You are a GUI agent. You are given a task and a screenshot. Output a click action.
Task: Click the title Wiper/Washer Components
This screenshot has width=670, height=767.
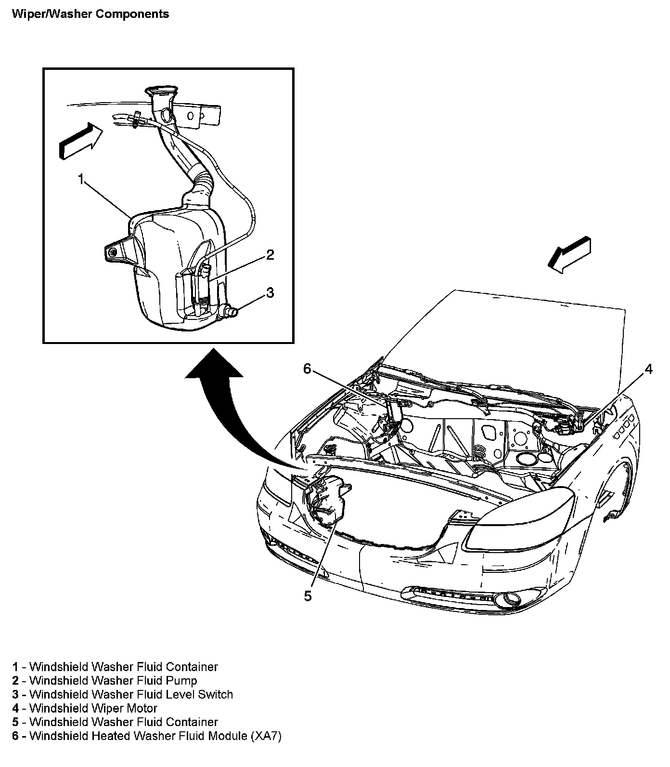click(x=90, y=14)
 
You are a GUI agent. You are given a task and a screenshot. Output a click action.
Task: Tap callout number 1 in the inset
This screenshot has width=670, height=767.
click(x=81, y=180)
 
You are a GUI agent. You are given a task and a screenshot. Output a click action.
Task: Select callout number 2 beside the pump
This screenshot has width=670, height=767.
click(x=270, y=255)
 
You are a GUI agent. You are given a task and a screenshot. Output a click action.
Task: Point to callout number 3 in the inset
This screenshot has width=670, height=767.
click(x=270, y=292)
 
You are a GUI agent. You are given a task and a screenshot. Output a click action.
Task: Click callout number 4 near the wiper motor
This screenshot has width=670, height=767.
click(x=648, y=370)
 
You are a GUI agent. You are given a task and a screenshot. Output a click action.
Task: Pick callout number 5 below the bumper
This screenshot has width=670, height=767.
click(x=308, y=596)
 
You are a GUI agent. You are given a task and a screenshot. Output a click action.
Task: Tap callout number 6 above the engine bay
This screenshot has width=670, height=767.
click(x=308, y=369)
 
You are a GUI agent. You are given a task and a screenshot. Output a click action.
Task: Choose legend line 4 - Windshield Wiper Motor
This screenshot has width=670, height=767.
click(x=85, y=708)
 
